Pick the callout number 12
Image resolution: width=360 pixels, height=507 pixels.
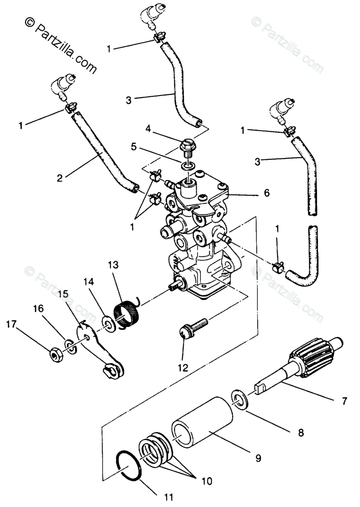(183, 368)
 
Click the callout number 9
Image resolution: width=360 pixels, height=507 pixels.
(258, 458)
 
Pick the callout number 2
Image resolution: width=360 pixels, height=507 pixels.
(59, 178)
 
